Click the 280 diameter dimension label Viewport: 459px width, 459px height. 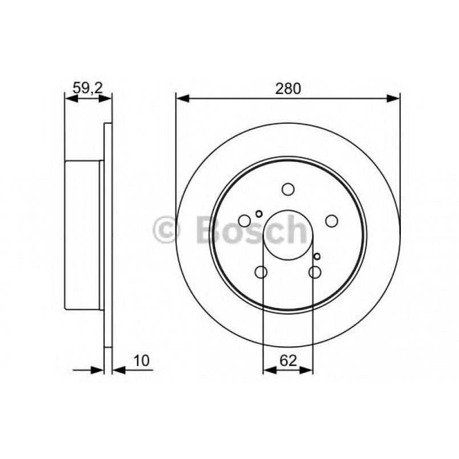289,88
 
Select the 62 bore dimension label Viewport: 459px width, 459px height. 288,360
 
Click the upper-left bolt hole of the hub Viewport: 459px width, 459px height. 245,220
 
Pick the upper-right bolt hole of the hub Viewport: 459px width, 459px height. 331,220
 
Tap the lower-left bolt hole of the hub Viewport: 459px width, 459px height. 261,272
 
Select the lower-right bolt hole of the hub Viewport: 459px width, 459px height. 315,272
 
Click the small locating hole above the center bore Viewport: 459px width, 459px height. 259,214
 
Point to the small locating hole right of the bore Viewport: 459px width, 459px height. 318,257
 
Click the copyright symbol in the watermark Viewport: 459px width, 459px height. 166,230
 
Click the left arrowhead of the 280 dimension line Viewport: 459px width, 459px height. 182,99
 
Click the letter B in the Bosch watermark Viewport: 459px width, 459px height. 208,230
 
